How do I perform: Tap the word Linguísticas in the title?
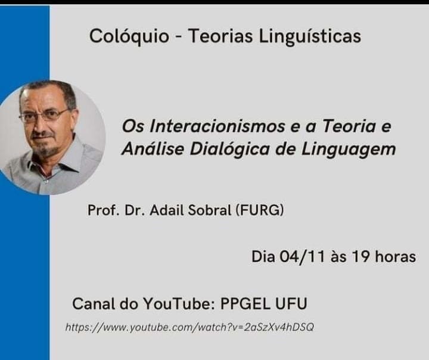pos(310,36)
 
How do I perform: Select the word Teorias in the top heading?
pos(220,36)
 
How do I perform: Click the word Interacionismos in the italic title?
pos(217,126)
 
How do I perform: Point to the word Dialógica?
pos(230,149)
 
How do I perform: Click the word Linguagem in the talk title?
pos(349,150)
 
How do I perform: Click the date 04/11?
pos(303,257)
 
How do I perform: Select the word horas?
pos(396,257)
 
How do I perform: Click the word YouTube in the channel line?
pos(179,303)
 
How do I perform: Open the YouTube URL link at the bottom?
pos(189,327)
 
